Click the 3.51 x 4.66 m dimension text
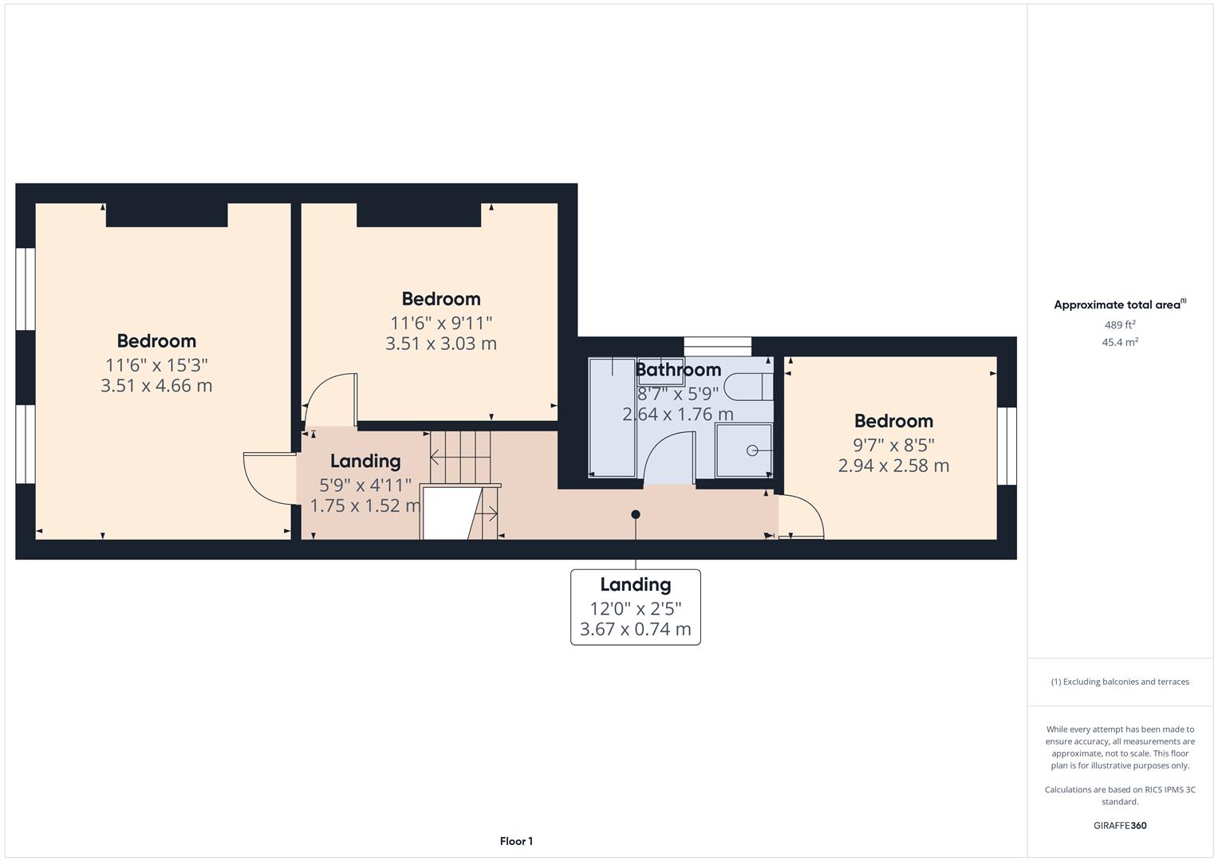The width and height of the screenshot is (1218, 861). point(156,386)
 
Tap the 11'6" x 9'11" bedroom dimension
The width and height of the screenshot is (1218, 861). point(441,323)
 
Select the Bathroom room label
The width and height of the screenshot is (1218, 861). point(678,370)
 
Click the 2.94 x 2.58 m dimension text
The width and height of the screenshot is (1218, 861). point(893,466)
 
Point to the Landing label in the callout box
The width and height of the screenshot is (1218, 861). point(635,585)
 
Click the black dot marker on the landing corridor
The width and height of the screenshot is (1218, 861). point(636,514)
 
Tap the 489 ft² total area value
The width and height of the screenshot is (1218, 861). point(1119,325)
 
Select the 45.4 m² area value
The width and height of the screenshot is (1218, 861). point(1119,343)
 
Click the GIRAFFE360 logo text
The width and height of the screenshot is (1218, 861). point(1119,826)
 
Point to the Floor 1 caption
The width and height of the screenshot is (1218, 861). point(516,841)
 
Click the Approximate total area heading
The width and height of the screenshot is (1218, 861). point(1119,305)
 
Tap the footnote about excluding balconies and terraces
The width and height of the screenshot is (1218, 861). point(1119,682)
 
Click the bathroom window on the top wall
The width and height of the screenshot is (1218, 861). point(718,347)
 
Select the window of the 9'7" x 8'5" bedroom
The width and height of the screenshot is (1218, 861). point(1007,446)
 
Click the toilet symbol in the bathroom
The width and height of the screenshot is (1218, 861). point(753,387)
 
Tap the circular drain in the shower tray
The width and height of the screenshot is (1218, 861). point(751,450)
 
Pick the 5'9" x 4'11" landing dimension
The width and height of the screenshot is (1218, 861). point(365,485)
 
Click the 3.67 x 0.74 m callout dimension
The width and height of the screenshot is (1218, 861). point(635,630)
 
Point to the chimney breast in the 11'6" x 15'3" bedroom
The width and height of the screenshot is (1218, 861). point(167,214)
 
